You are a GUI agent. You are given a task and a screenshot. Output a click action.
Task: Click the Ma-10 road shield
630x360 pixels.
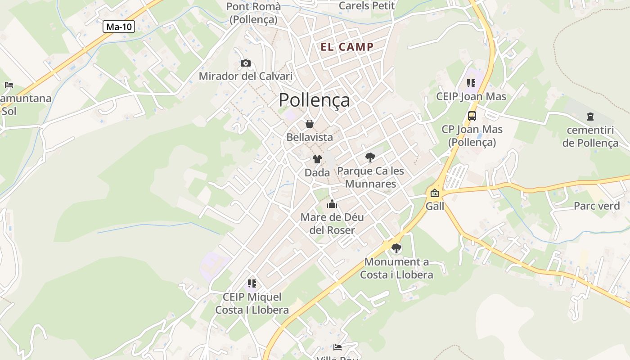click(x=119, y=27)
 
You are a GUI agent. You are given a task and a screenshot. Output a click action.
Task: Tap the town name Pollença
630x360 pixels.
click(x=314, y=100)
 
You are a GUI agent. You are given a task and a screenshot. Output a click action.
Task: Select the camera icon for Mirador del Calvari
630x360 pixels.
click(x=245, y=63)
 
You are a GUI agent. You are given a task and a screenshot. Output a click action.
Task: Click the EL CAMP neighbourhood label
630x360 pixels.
click(x=347, y=47)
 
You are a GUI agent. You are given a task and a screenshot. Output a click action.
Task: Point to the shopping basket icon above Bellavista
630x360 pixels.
click(x=310, y=124)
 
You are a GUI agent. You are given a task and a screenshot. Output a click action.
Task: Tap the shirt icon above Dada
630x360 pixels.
click(x=317, y=159)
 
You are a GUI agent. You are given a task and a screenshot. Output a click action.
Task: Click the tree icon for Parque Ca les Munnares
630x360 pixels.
click(x=370, y=157)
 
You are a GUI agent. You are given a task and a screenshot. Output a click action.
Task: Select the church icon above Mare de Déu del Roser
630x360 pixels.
click(x=332, y=204)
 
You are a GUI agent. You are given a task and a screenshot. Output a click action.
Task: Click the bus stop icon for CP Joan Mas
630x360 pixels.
click(x=472, y=116)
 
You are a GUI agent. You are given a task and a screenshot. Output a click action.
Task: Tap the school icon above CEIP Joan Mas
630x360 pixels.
click(x=471, y=83)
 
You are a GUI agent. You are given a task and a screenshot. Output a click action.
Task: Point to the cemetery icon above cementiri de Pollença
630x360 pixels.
click(x=590, y=117)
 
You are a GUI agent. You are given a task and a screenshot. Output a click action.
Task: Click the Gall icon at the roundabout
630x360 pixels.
click(x=435, y=193)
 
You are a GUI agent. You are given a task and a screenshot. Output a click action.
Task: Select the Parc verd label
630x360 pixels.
click(x=597, y=206)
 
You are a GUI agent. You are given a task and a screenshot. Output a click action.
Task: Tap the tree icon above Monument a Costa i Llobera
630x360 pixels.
click(x=396, y=248)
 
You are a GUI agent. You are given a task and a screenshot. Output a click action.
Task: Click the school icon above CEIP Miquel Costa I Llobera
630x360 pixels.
click(x=252, y=283)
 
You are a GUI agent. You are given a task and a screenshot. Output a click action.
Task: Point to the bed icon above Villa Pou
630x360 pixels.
click(x=337, y=347)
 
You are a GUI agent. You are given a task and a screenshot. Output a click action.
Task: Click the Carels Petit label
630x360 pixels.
click(x=366, y=6)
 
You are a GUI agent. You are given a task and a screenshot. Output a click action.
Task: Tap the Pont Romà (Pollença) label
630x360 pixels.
click(x=253, y=13)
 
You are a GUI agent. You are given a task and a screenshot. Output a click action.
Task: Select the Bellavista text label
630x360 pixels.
click(x=310, y=137)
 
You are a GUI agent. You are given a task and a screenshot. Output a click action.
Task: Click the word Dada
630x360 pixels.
click(x=317, y=172)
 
